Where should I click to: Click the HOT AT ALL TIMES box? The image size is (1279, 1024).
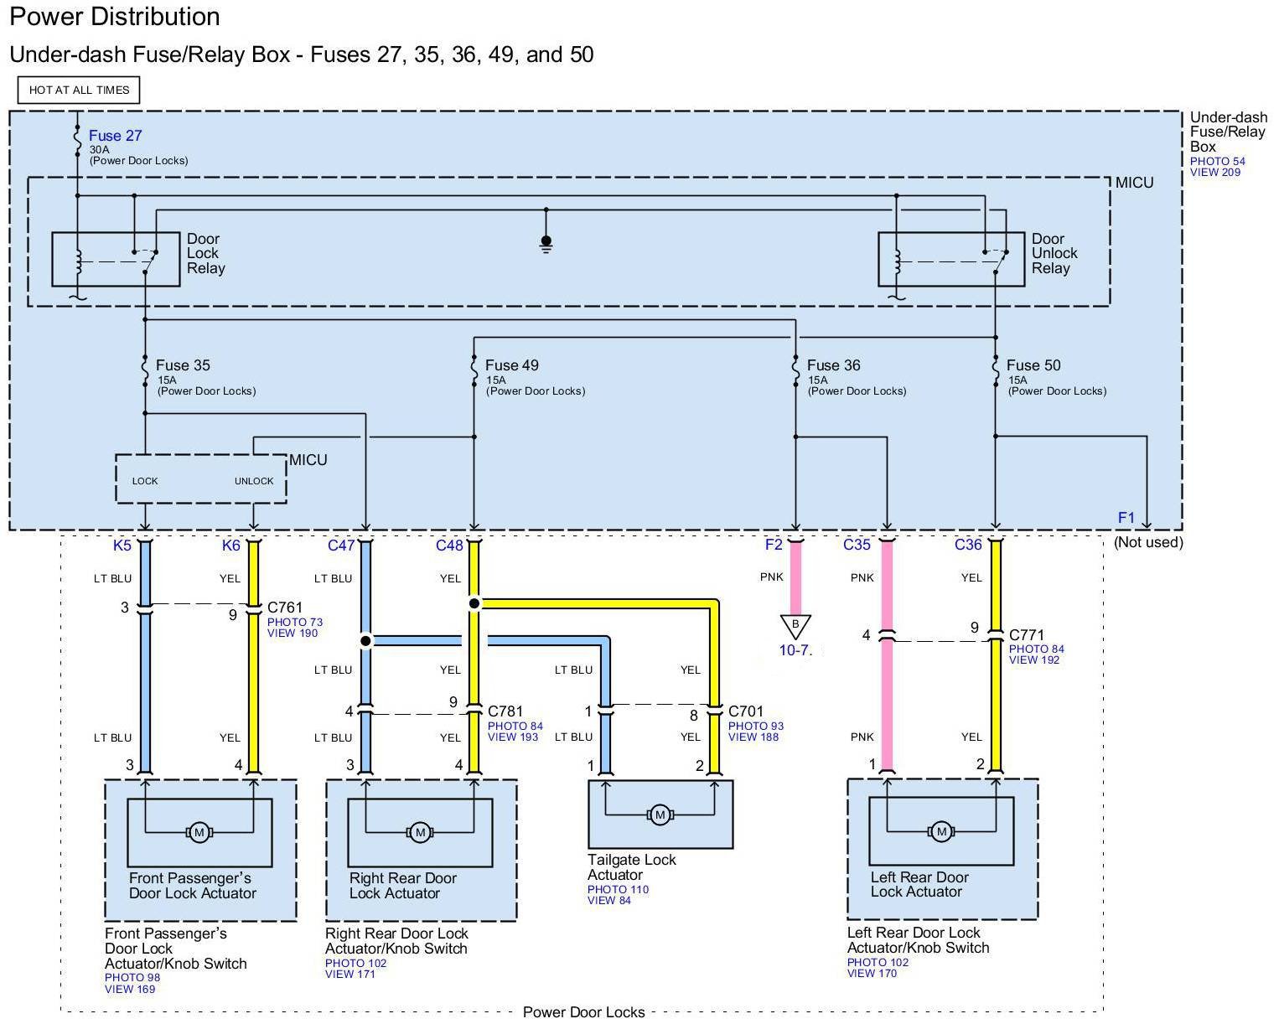[79, 90]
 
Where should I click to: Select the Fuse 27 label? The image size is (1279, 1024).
[116, 136]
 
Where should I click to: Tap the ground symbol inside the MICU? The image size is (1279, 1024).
[546, 244]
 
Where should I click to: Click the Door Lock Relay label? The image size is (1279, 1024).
[205, 253]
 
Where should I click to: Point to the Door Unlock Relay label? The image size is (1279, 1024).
[1054, 253]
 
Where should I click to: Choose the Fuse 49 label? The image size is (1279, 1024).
[512, 365]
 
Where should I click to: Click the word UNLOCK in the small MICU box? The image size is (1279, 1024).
[254, 481]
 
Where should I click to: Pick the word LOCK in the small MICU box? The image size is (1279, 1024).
[145, 481]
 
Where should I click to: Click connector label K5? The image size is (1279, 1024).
[122, 545]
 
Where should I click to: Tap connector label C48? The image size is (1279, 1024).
[448, 545]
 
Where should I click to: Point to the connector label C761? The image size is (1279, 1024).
[285, 608]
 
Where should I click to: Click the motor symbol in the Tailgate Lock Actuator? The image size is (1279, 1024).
[660, 815]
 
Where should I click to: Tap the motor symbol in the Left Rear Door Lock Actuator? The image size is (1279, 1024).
[941, 831]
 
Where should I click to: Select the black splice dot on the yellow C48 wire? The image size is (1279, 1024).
[474, 604]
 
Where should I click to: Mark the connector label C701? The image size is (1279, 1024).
[745, 711]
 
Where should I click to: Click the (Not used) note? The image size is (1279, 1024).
[1148, 542]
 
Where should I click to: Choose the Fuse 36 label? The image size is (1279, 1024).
[833, 365]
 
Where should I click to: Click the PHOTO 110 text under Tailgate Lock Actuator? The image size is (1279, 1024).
[618, 890]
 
